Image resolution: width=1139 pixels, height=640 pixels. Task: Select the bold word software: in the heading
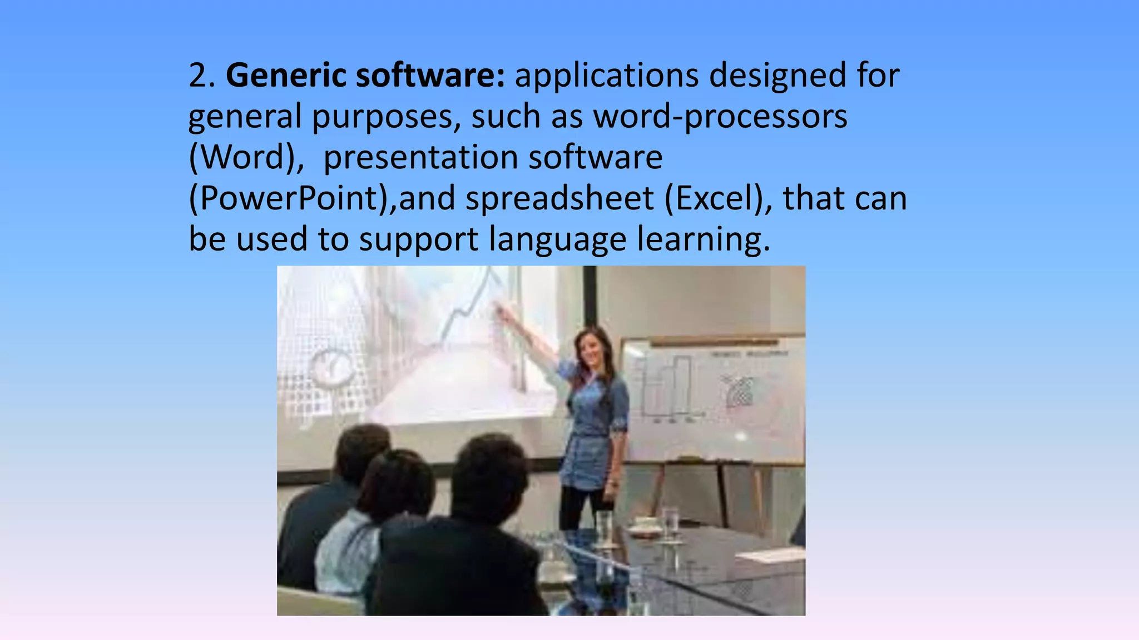click(x=430, y=76)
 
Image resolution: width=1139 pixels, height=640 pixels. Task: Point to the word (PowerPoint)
click(x=292, y=198)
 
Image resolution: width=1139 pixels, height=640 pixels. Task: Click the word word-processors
click(x=720, y=117)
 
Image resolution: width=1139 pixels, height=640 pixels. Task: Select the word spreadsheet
click(x=559, y=198)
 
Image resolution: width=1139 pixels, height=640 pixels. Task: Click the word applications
click(x=607, y=76)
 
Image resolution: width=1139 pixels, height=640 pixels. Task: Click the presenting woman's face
click(x=591, y=348)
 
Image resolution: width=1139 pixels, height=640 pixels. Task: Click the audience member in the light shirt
click(x=356, y=533)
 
